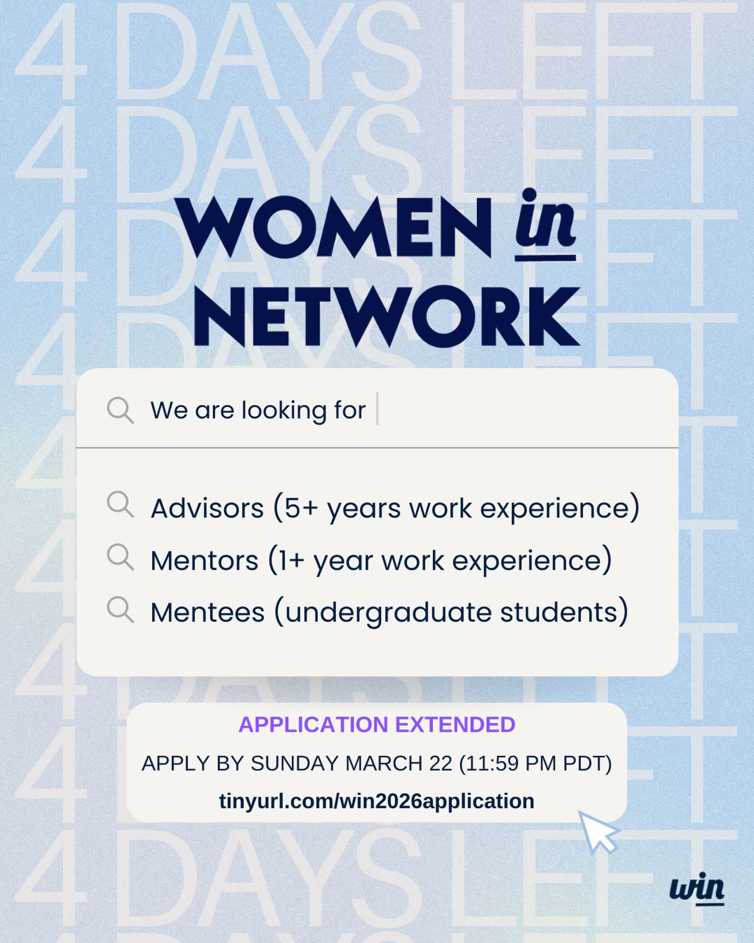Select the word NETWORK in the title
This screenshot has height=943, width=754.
(386, 317)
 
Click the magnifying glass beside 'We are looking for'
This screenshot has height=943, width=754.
(120, 410)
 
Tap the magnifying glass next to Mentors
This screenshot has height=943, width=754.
(120, 557)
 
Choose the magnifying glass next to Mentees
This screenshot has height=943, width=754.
(120, 609)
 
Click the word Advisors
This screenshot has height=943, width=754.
(207, 508)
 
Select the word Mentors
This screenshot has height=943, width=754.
(204, 560)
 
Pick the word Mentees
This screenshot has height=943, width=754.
(207, 612)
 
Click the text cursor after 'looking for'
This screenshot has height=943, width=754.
(378, 409)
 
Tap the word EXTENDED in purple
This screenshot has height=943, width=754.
(455, 725)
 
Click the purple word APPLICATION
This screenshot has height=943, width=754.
(313, 725)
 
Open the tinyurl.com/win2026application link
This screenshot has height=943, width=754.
(376, 801)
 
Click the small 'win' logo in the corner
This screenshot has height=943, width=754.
(697, 888)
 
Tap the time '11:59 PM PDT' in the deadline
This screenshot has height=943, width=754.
(536, 764)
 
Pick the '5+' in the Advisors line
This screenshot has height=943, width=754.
(301, 508)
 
